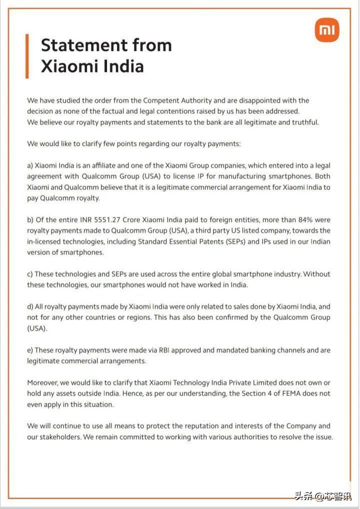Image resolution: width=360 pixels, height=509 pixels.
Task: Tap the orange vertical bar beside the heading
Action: [x=27, y=56]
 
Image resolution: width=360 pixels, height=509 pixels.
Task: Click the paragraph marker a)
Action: [x=30, y=165]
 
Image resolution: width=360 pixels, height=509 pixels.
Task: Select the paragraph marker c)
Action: [x=30, y=274]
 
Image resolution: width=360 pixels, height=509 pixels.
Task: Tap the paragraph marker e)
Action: [x=30, y=350]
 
